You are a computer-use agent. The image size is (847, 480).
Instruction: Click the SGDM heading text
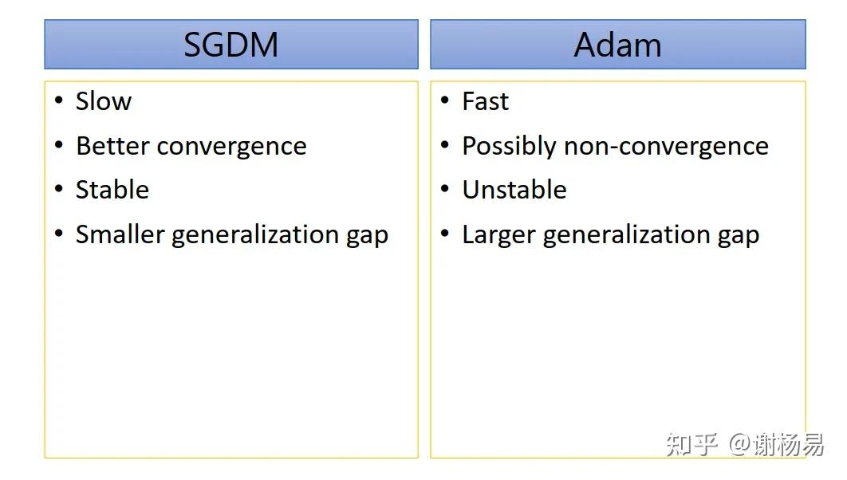230,45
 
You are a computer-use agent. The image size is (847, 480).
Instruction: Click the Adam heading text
617,45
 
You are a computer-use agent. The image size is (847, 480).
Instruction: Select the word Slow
103,101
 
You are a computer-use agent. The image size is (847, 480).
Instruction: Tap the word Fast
485,101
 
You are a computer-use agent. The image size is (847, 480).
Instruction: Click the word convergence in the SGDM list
232,147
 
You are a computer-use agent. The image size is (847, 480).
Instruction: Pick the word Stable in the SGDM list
112,190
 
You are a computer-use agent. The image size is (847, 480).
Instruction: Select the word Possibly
509,147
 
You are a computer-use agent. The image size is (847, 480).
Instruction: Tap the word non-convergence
666,147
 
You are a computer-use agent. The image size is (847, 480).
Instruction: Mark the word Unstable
514,190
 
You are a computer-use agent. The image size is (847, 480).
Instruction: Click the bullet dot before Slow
59,100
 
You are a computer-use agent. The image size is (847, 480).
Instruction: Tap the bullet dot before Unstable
445,188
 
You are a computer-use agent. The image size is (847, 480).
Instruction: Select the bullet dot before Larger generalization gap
445,234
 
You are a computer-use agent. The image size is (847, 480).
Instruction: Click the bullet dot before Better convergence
59,144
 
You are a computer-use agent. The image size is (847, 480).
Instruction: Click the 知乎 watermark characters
692,444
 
